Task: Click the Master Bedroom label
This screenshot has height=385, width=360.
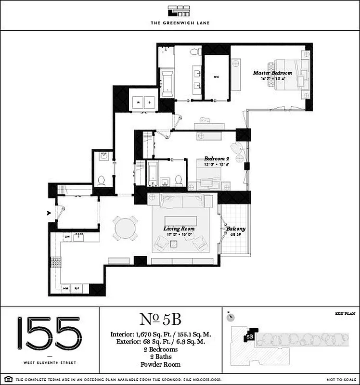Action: coord(272,73)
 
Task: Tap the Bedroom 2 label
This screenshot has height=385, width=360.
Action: coord(216,159)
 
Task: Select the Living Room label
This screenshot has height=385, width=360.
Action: coord(178,229)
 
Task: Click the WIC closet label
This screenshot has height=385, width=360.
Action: coord(217,77)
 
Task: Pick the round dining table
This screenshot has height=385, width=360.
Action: coord(125,228)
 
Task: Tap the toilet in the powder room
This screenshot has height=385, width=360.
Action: coord(102,180)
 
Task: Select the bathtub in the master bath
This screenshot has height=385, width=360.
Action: coord(167,81)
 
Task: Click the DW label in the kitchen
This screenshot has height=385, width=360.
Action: coord(67,237)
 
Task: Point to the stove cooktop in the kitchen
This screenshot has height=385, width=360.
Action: coord(56,263)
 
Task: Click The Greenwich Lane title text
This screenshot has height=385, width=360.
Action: coord(180,23)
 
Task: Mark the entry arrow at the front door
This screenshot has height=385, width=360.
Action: coord(49,212)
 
